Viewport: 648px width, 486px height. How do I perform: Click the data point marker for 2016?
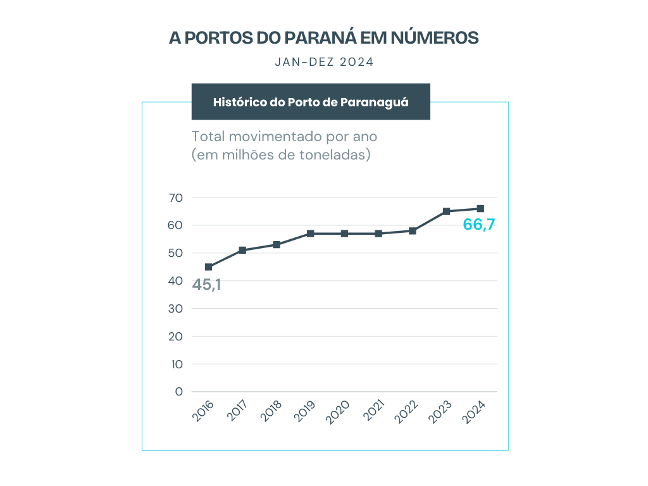coord(209,267)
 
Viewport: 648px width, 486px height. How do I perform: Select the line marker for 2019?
coord(311,234)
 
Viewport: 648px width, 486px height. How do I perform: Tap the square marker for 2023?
coord(446,211)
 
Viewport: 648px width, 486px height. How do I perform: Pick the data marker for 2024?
coord(480,209)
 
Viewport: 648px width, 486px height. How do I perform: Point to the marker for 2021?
coord(378,234)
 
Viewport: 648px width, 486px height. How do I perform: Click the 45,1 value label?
coord(207,285)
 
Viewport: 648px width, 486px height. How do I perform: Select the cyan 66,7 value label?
coord(478,225)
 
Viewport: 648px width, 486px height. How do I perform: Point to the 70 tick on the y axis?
coord(176,198)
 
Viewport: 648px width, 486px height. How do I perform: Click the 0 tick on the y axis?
coord(179,392)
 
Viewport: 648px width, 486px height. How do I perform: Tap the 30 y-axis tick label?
coord(176,309)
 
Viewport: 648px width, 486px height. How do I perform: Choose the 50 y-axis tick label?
coord(176,253)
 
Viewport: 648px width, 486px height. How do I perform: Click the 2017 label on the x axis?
coord(237,411)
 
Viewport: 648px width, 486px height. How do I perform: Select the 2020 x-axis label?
coord(339,411)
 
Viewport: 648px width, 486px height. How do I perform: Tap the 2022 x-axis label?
coord(406,411)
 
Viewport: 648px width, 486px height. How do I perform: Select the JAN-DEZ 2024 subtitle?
coord(324,62)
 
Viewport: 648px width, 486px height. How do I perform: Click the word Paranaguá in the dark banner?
coord(375,102)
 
